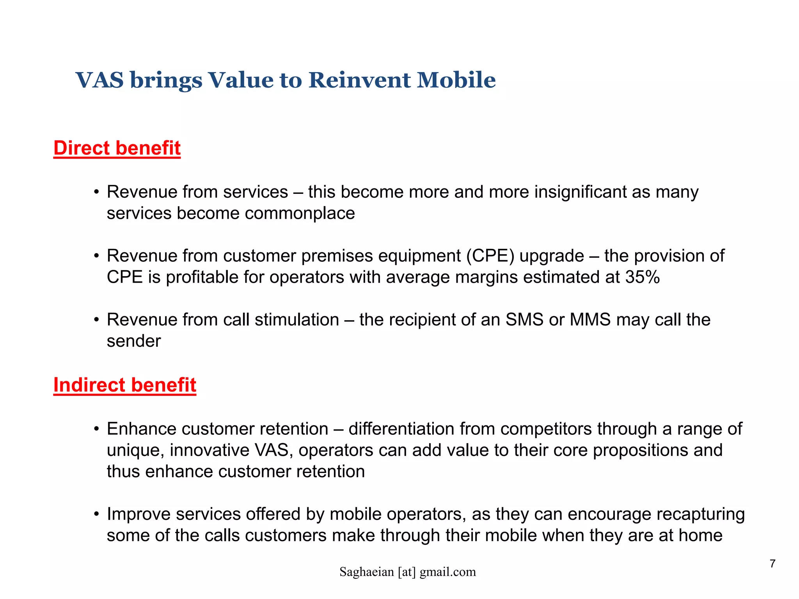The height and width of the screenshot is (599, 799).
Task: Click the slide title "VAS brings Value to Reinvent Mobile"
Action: pyautogui.click(x=285, y=80)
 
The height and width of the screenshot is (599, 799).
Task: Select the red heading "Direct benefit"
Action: pyautogui.click(x=117, y=148)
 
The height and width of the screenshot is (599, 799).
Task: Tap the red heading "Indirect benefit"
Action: pyautogui.click(x=125, y=385)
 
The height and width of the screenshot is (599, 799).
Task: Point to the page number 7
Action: pyautogui.click(x=772, y=564)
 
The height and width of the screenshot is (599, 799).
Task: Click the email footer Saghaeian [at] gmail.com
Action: pyautogui.click(x=408, y=572)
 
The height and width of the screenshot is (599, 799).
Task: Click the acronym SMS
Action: pyautogui.click(x=524, y=320)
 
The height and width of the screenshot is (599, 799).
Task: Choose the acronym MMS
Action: pyautogui.click(x=590, y=320)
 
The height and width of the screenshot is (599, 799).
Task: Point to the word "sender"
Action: pyautogui.click(x=134, y=341)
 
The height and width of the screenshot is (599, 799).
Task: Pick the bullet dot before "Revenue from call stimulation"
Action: pyautogui.click(x=96, y=320)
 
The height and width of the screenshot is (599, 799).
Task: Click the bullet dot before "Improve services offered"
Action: pyautogui.click(x=96, y=514)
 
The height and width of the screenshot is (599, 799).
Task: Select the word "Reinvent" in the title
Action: pyautogui.click(x=359, y=80)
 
